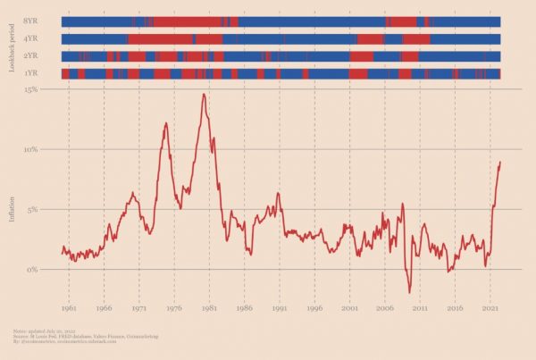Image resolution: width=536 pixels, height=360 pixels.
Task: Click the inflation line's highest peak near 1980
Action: (x=204, y=94)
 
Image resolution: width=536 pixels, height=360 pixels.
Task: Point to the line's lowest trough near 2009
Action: (x=410, y=292)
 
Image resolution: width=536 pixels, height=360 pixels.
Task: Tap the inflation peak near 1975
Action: (x=166, y=123)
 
